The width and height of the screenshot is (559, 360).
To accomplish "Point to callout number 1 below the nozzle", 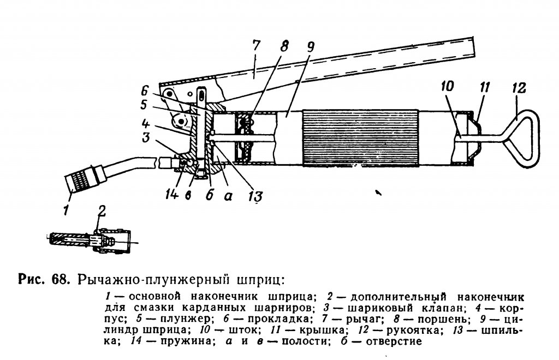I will [66, 209].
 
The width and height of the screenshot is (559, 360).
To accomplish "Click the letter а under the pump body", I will [228, 195].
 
